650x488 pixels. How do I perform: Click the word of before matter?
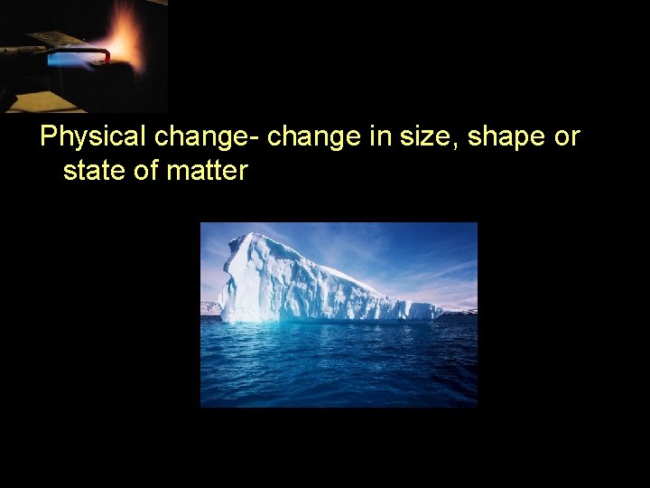(146, 170)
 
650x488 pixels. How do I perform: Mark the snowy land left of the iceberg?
(209, 307)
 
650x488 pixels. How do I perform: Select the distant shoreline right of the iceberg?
(460, 310)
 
